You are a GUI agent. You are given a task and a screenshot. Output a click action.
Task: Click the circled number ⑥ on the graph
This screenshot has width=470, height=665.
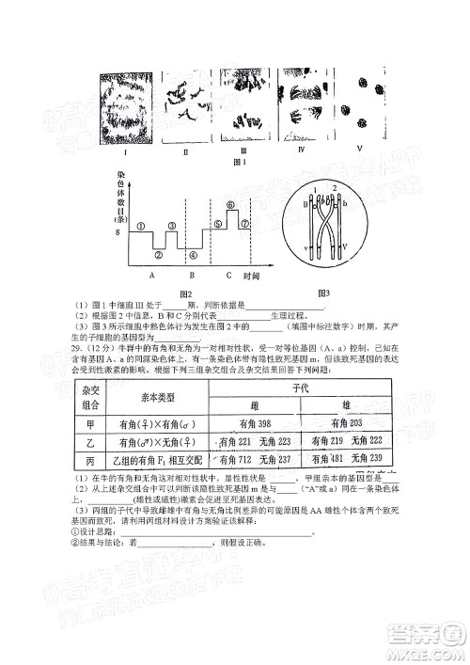tap(230, 205)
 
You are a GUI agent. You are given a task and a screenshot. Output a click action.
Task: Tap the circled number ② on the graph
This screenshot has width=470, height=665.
tap(159, 254)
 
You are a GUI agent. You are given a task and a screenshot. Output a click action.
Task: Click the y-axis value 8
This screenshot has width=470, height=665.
tap(118, 230)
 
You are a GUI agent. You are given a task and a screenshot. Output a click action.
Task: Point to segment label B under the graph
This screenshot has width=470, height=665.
tap(192, 276)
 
